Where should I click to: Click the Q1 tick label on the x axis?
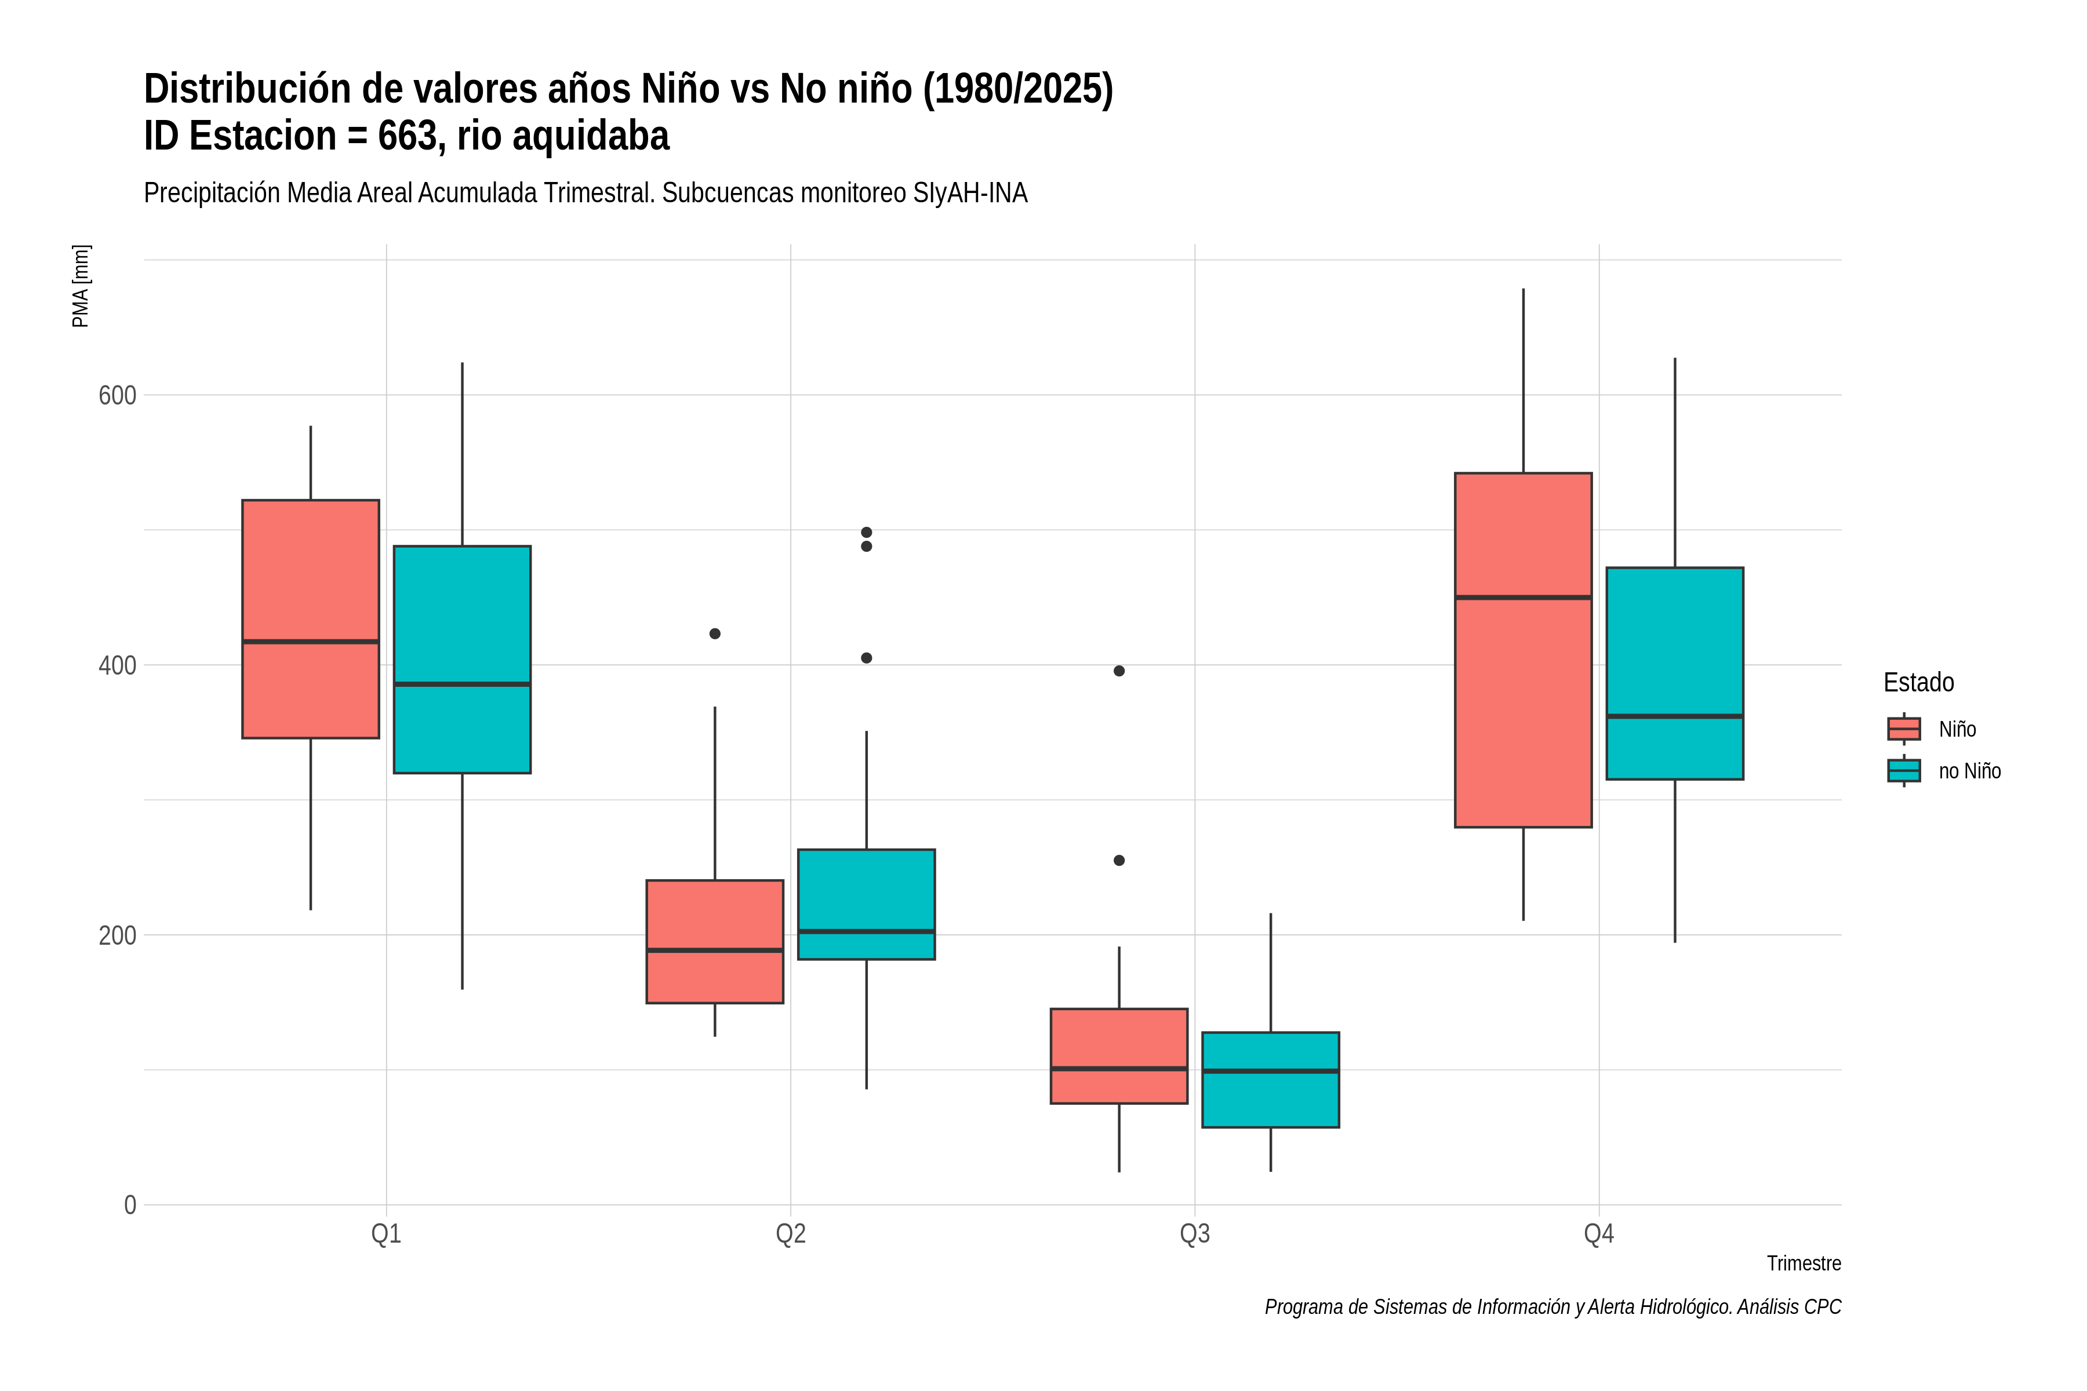coord(386,1234)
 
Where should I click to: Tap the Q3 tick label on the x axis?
coord(1194,1234)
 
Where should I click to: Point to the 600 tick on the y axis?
coord(117,395)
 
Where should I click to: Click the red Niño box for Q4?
coord(1523,650)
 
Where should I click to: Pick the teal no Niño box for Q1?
coord(462,659)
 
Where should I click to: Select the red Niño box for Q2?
coord(715,941)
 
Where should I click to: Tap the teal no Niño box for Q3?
coord(1271,1080)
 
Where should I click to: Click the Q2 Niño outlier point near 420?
coord(715,633)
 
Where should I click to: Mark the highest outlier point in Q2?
coord(867,532)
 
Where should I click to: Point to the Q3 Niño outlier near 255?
coord(1119,861)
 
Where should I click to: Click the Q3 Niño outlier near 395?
coord(1119,671)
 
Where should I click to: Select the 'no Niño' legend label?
coord(1970,771)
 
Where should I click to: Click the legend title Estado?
coord(1918,682)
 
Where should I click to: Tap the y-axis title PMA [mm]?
coord(81,286)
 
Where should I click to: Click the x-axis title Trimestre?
coord(1804,1263)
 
